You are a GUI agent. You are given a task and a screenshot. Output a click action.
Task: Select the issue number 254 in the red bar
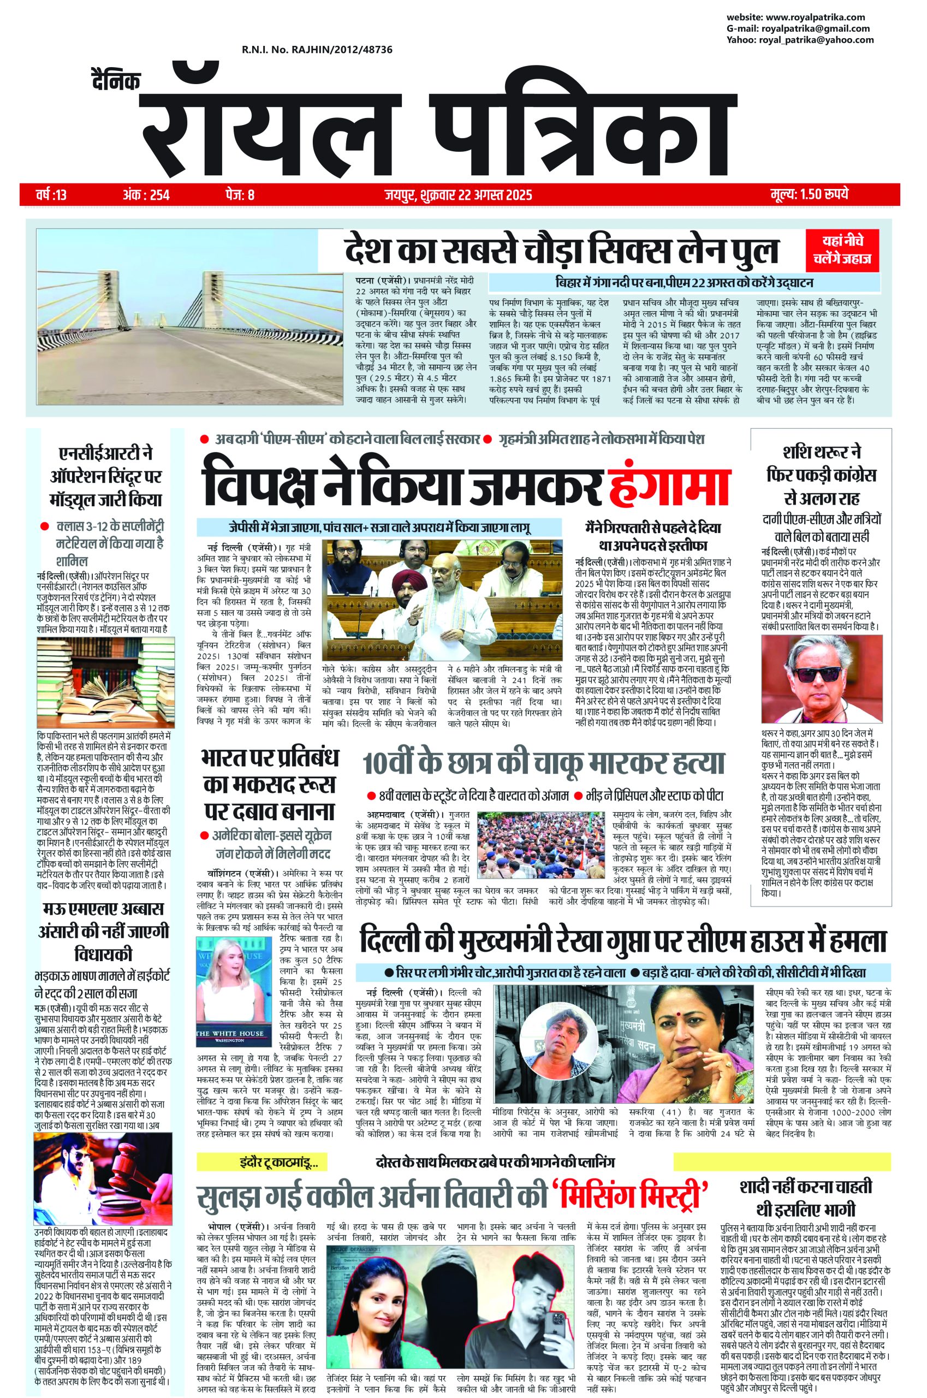coord(159,194)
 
